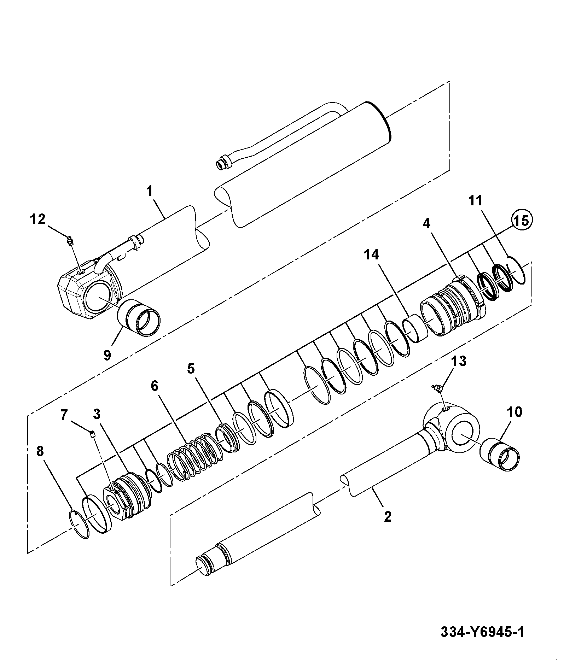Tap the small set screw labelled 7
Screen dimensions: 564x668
click(93, 434)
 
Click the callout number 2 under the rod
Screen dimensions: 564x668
click(388, 517)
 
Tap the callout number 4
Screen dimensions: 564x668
click(426, 224)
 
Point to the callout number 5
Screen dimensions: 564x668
click(191, 368)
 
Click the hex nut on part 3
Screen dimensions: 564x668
click(115, 503)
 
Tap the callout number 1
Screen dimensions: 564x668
click(149, 191)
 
